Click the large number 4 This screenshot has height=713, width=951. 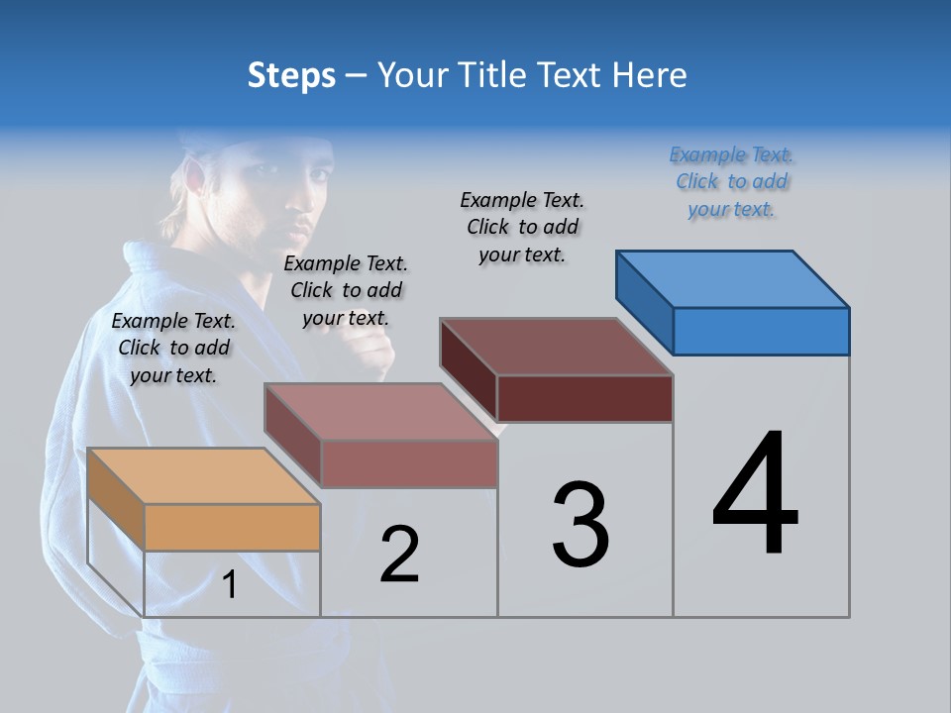point(756,495)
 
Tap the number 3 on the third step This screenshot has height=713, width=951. point(581,525)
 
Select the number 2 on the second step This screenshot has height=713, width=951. point(399,555)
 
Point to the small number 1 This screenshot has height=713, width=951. point(229,585)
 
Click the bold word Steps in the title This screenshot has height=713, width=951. point(291,75)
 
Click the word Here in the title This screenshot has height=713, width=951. point(649,75)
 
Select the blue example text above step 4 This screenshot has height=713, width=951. point(731,182)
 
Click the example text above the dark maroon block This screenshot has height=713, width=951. point(522,227)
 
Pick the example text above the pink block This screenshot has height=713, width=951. point(345,290)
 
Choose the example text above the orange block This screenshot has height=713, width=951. point(173,348)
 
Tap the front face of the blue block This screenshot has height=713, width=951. point(761,331)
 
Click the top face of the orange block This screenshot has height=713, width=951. point(203,475)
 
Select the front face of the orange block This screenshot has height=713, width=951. point(232,527)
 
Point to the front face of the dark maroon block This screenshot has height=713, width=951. point(584,398)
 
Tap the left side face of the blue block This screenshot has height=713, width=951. point(644,298)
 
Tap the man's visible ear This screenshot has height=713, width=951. point(195,181)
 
